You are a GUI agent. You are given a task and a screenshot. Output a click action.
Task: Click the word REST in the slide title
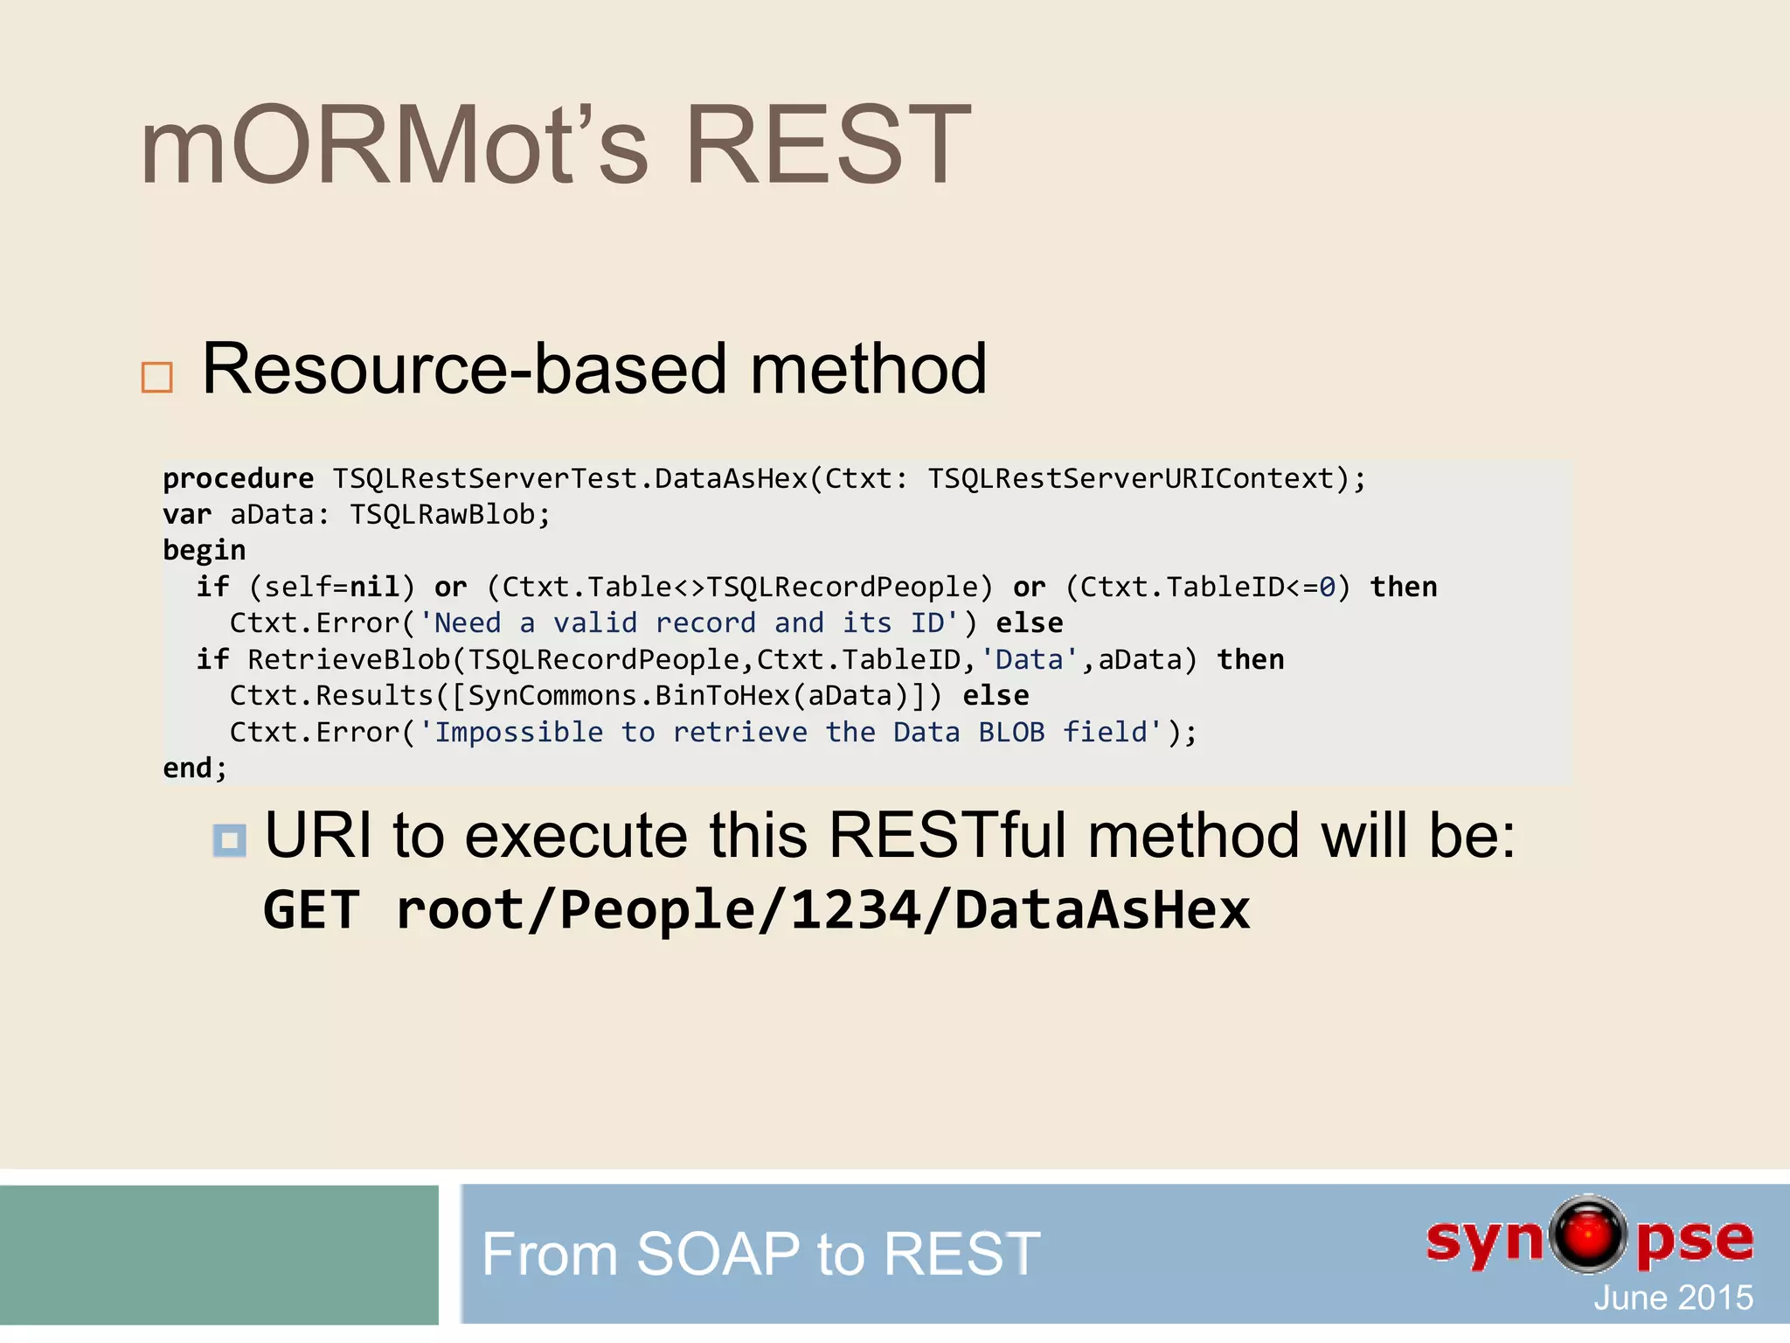tap(828, 145)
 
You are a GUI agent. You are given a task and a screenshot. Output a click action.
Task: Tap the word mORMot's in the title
tap(394, 145)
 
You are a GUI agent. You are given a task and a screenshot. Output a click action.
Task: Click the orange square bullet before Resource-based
tap(157, 378)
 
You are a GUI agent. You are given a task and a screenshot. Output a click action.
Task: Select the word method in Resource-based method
tap(868, 369)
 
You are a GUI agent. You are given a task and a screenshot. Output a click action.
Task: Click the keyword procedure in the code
tap(238, 479)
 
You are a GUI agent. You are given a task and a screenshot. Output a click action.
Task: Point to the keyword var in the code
tap(187, 515)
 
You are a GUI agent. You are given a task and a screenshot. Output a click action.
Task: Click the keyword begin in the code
tap(205, 551)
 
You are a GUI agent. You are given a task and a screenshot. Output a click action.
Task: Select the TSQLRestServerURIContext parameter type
tap(1132, 479)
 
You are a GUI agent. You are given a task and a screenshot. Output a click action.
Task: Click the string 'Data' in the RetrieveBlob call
tap(1029, 659)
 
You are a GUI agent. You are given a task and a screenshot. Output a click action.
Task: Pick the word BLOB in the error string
tap(1011, 732)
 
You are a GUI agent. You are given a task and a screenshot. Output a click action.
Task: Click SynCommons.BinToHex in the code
tap(629, 696)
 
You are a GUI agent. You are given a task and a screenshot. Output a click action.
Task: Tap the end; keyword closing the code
tap(195, 769)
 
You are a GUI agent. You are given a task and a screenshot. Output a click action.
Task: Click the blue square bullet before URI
tap(230, 840)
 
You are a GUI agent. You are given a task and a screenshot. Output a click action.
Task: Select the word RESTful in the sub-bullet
tap(948, 836)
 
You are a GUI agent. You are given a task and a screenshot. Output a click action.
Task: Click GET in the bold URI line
tap(311, 910)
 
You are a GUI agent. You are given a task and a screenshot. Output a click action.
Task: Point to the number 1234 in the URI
tap(855, 910)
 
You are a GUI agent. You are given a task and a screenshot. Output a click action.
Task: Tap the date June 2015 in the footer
tap(1673, 1298)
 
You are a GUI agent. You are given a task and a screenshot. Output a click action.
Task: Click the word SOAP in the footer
tap(718, 1254)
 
